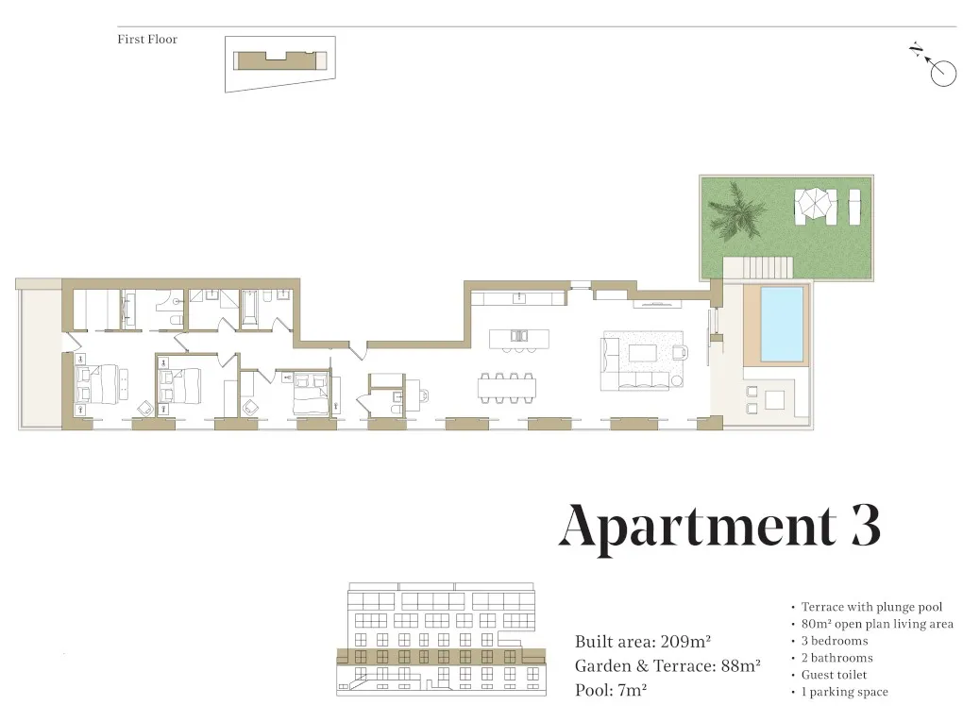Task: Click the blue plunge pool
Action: pos(782,324)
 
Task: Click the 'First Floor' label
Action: pos(147,40)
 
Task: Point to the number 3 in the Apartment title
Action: pos(864,527)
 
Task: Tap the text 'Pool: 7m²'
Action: pos(611,690)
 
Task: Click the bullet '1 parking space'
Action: pos(844,692)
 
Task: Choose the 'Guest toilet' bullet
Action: pos(834,675)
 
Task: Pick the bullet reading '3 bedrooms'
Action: pos(835,641)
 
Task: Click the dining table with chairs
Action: pos(507,386)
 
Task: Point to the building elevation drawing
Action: pos(441,638)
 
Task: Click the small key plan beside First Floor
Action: pos(280,62)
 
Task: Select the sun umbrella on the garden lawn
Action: pos(814,201)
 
